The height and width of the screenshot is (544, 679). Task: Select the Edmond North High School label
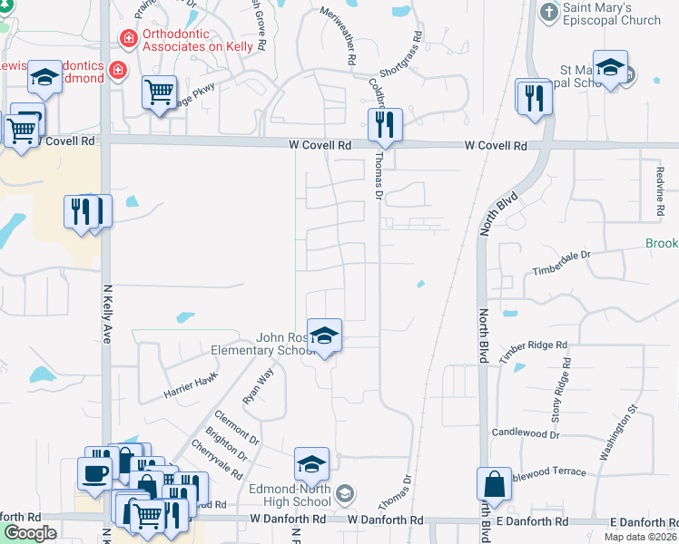click(290, 495)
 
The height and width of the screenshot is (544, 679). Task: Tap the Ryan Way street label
click(258, 386)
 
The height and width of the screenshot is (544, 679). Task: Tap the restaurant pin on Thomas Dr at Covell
click(385, 125)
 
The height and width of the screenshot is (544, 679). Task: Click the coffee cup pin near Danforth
click(94, 472)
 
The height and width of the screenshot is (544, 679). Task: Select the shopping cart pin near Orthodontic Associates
click(159, 93)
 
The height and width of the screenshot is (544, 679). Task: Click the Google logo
click(30, 533)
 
